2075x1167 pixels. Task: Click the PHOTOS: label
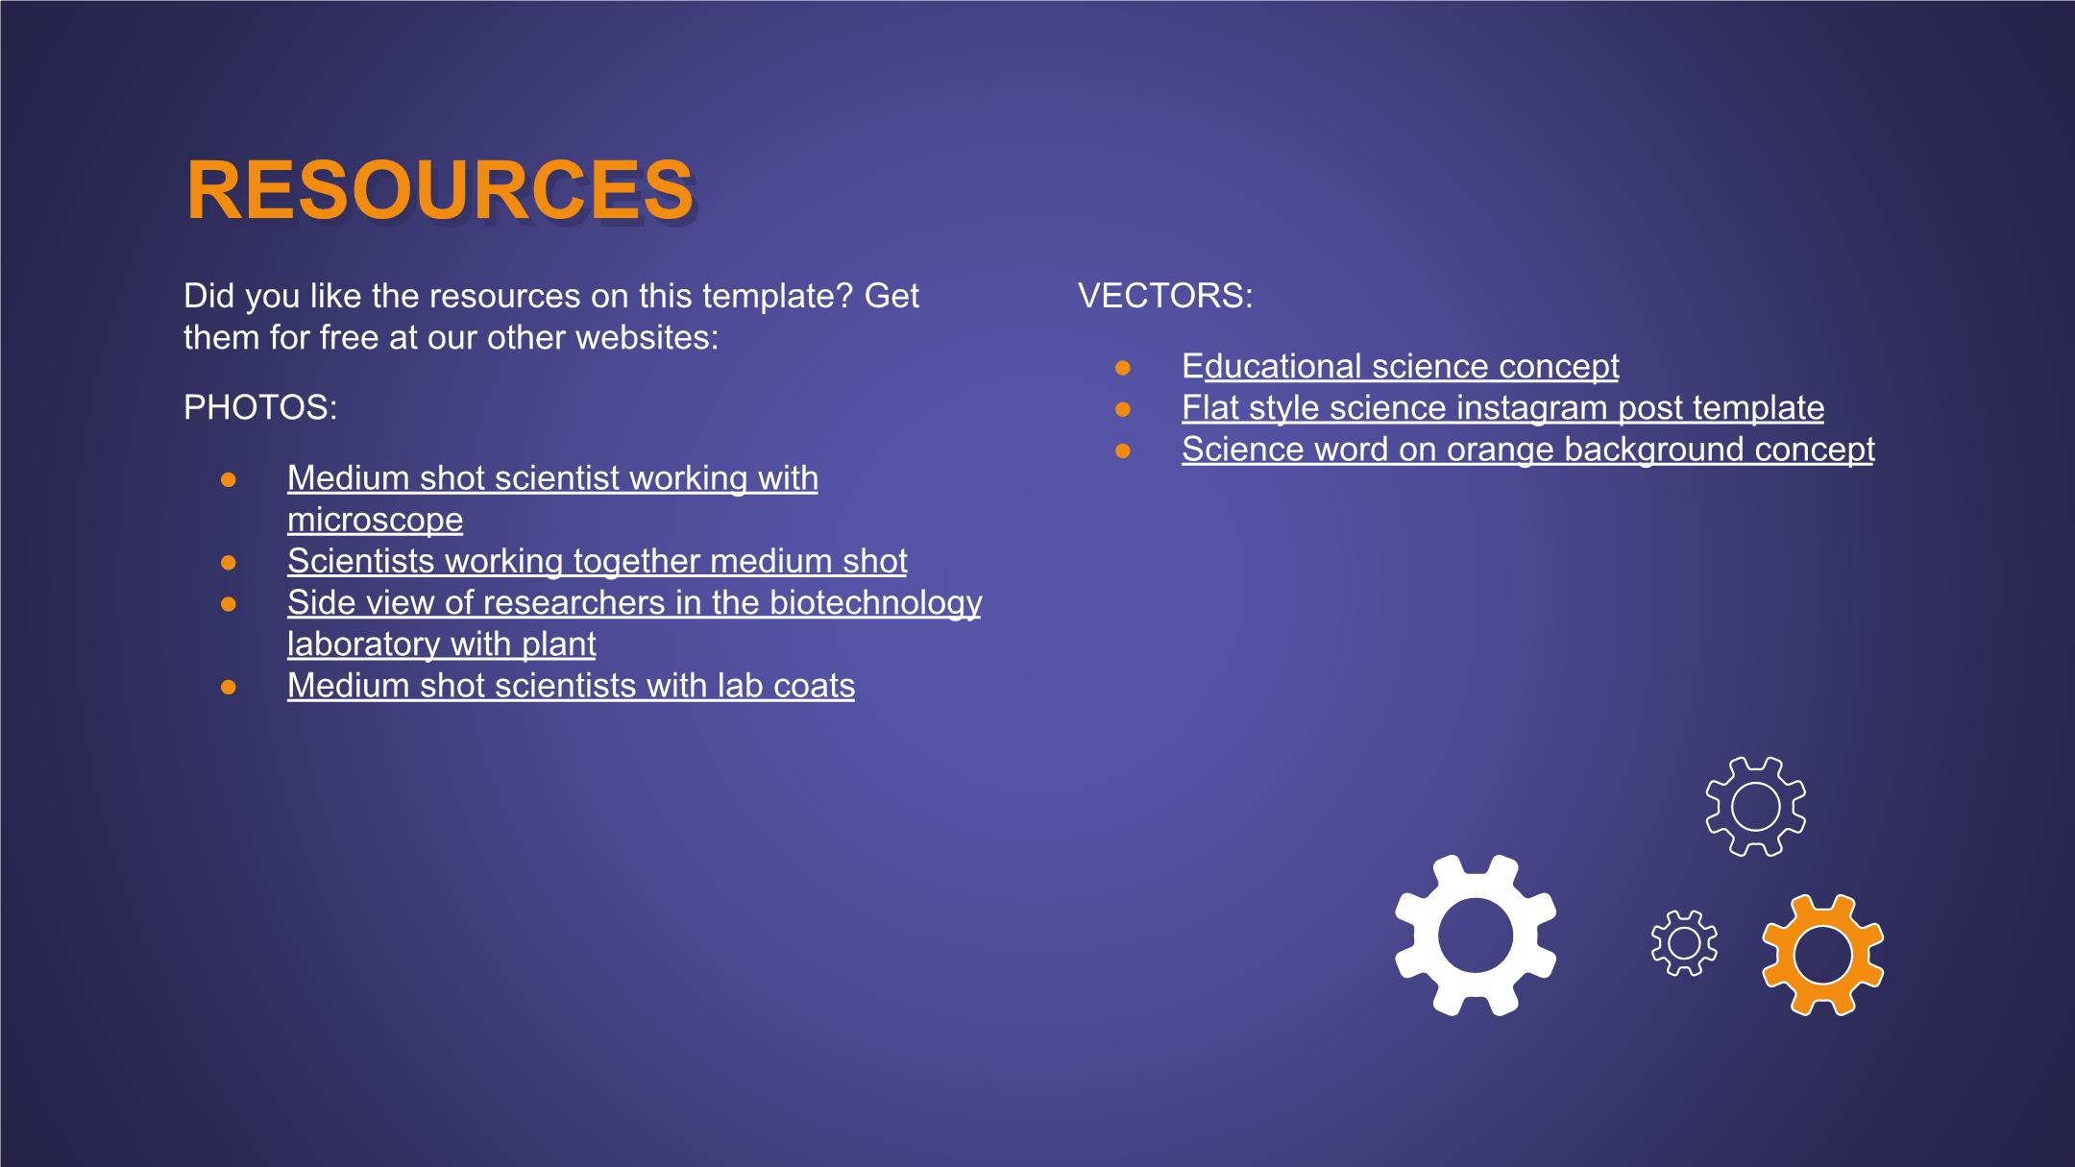(x=260, y=407)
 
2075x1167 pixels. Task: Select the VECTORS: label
(x=1165, y=296)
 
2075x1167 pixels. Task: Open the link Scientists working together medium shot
(x=597, y=561)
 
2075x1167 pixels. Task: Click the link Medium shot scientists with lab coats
(x=571, y=686)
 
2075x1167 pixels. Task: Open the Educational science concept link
(x=1401, y=366)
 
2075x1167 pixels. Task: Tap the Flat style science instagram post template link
(x=1502, y=408)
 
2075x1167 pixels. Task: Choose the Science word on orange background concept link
(x=1527, y=450)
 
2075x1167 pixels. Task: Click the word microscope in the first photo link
(x=375, y=520)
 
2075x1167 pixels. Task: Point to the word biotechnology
(x=875, y=602)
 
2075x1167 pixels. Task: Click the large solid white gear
(x=1476, y=935)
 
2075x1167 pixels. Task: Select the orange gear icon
(x=1822, y=954)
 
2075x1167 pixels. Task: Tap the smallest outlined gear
(x=1684, y=943)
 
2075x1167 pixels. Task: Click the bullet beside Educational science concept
(x=1123, y=367)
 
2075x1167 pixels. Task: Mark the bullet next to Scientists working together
(x=229, y=562)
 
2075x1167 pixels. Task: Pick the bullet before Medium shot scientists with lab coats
(x=229, y=687)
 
